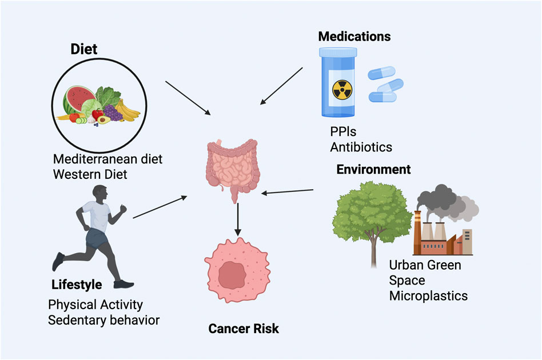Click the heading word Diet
click(x=84, y=49)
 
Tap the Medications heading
click(x=354, y=37)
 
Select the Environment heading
click(x=373, y=170)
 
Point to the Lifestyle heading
click(x=77, y=285)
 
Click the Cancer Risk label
click(x=244, y=329)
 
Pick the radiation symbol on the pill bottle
click(x=342, y=92)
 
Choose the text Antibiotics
click(x=361, y=147)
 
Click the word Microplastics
click(x=428, y=295)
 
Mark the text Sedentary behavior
click(x=103, y=319)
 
